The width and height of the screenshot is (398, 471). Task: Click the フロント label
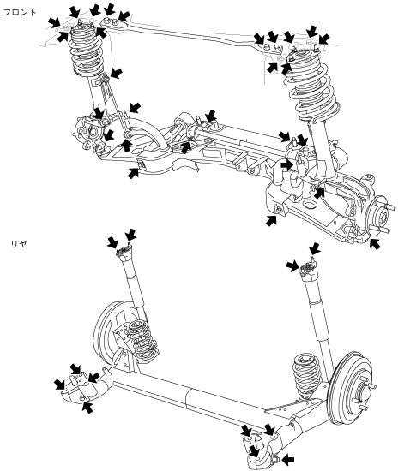20,12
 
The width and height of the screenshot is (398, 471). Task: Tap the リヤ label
19,243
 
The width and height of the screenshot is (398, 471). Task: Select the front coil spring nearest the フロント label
87,51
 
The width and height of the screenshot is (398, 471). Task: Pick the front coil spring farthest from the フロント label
312,87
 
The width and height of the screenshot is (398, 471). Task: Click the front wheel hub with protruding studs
381,217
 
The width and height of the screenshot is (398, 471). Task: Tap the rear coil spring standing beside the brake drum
307,377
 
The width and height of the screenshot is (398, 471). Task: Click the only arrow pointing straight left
288,459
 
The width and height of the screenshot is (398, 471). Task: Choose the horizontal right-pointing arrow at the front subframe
286,164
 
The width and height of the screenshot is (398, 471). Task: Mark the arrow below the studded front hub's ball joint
374,243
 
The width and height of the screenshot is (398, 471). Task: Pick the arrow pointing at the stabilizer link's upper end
116,74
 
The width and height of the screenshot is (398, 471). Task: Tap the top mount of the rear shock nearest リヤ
124,251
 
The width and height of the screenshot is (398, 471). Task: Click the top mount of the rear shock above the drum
308,268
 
